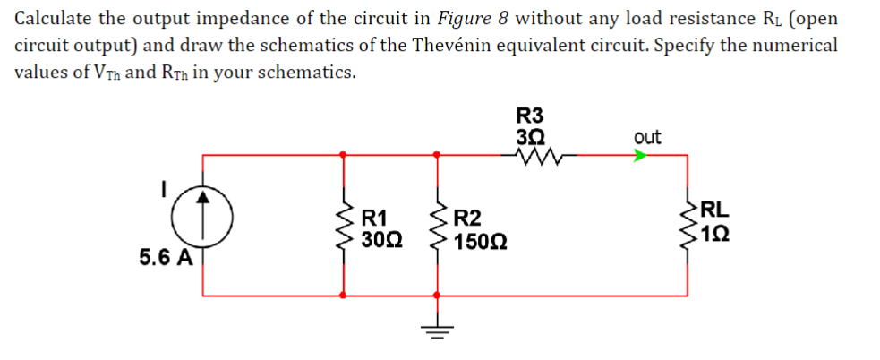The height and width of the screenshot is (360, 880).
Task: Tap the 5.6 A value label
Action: (x=166, y=258)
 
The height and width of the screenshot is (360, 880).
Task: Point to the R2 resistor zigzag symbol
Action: (x=438, y=226)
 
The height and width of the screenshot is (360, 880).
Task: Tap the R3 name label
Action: (x=530, y=115)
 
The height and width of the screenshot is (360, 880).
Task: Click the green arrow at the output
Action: (x=639, y=155)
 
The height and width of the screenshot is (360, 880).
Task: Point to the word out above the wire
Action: (x=646, y=137)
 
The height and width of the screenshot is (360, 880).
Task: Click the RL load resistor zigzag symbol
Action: (x=689, y=223)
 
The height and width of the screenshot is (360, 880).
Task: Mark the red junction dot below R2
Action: (x=438, y=295)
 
